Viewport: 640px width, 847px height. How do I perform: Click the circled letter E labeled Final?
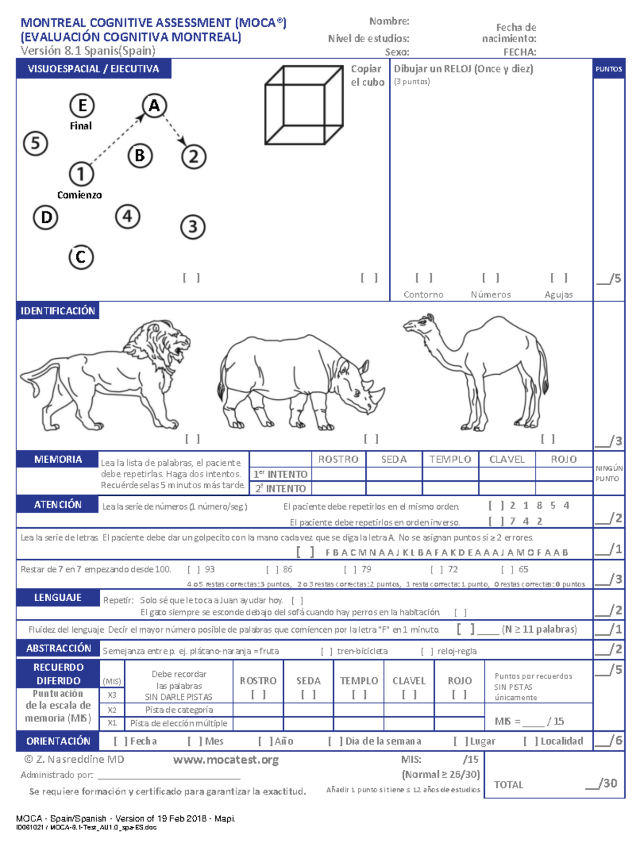(x=82, y=106)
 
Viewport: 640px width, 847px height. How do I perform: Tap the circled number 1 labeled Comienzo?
(x=81, y=174)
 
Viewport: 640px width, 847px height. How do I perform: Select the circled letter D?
(x=46, y=217)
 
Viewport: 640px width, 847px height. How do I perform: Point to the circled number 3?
(x=193, y=227)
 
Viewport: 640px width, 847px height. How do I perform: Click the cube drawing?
(x=303, y=105)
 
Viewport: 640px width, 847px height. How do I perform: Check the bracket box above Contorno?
(x=423, y=278)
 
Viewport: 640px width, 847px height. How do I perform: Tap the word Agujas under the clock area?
(x=558, y=294)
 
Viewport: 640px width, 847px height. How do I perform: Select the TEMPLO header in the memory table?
(x=450, y=459)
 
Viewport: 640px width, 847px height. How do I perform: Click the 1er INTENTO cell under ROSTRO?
(x=338, y=474)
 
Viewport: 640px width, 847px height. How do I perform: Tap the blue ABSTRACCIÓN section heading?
(x=58, y=648)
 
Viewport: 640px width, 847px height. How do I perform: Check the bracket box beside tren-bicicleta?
(x=326, y=651)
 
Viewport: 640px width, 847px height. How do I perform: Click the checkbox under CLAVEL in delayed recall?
(x=409, y=695)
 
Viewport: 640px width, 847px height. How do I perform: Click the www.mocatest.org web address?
(x=226, y=760)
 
